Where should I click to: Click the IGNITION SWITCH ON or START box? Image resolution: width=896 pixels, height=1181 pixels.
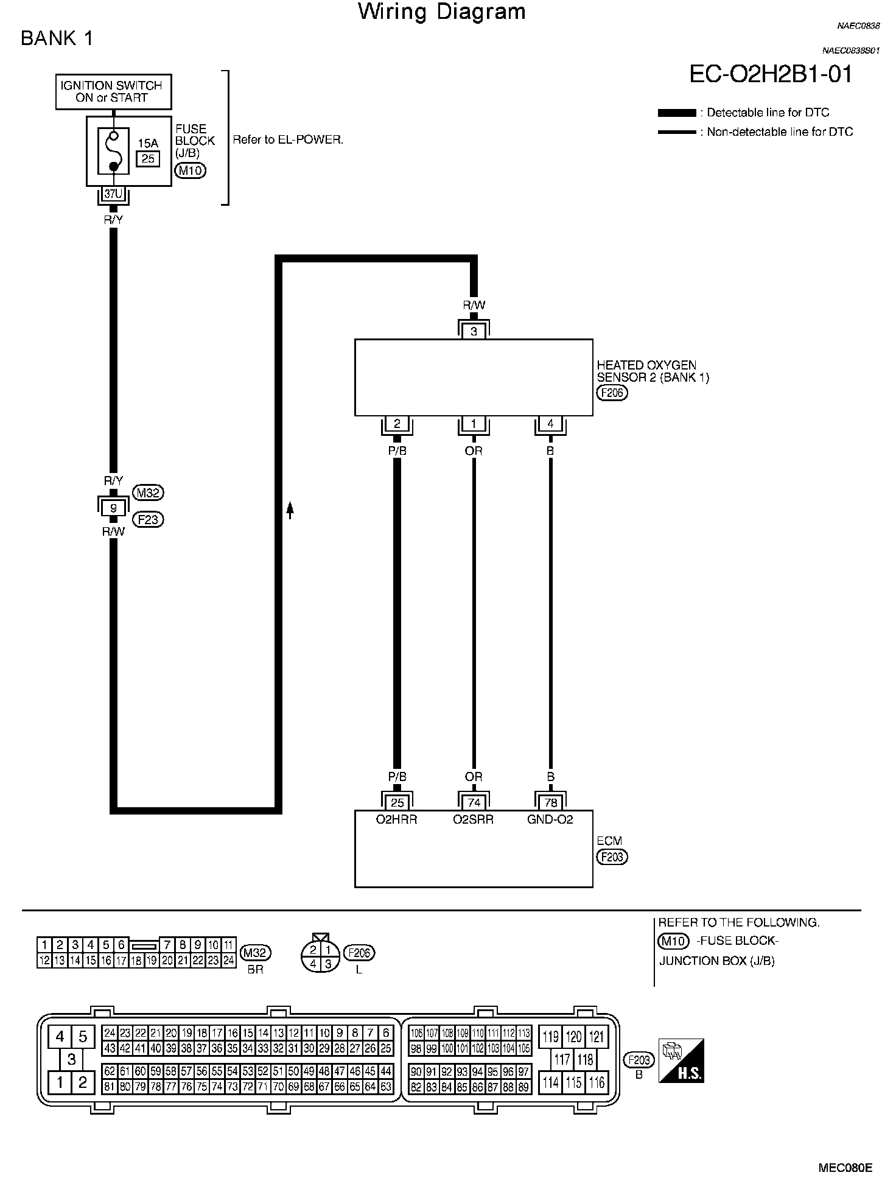[113, 92]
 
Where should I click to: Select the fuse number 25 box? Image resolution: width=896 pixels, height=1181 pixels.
[148, 159]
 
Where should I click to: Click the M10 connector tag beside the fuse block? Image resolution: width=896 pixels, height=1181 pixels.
[190, 170]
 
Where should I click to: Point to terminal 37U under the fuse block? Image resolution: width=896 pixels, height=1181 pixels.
[113, 194]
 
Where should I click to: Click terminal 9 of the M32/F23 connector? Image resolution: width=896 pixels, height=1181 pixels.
[113, 506]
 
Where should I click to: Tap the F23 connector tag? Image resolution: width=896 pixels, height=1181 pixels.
[148, 520]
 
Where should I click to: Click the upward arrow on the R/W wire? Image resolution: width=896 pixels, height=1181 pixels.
[290, 510]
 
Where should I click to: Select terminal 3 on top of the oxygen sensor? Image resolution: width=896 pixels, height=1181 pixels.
[474, 331]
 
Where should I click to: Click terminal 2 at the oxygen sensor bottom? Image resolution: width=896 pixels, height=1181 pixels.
[397, 424]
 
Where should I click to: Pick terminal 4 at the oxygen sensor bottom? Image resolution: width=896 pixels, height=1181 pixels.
[550, 424]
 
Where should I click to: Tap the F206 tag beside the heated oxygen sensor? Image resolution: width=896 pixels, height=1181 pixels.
[612, 393]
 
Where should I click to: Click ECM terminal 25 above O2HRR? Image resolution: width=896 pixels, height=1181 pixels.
[397, 803]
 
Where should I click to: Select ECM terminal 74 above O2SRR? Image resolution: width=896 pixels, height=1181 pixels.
[474, 803]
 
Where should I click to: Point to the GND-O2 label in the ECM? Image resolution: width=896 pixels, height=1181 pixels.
[550, 819]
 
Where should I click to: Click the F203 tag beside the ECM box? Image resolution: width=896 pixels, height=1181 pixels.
[612, 857]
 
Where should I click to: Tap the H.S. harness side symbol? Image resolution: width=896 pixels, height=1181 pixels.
[682, 1060]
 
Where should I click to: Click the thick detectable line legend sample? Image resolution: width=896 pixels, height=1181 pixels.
[677, 113]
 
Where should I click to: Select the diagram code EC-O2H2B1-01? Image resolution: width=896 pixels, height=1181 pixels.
[771, 74]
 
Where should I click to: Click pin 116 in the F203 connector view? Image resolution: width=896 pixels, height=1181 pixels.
[597, 1082]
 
